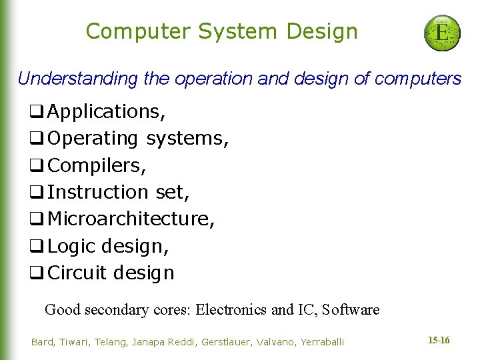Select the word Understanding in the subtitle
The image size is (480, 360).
pos(78,79)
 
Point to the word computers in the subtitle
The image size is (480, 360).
pos(418,79)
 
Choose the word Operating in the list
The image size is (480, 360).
pos(93,138)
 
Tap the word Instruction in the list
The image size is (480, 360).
pos(99,192)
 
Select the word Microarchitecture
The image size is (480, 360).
pos(131,219)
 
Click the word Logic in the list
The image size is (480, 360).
pos(72,246)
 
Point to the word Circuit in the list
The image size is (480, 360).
pos(77,273)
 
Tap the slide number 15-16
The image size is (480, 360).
pos(439,341)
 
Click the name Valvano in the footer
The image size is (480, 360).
pos(277,342)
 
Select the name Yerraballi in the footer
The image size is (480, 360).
pos(322,342)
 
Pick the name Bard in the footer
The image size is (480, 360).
pos(43,342)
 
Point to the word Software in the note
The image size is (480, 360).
pos(351,309)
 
